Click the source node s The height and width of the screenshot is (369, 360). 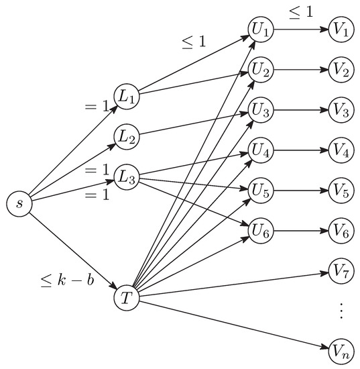[19, 203]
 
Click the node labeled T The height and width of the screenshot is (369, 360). [127, 296]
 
